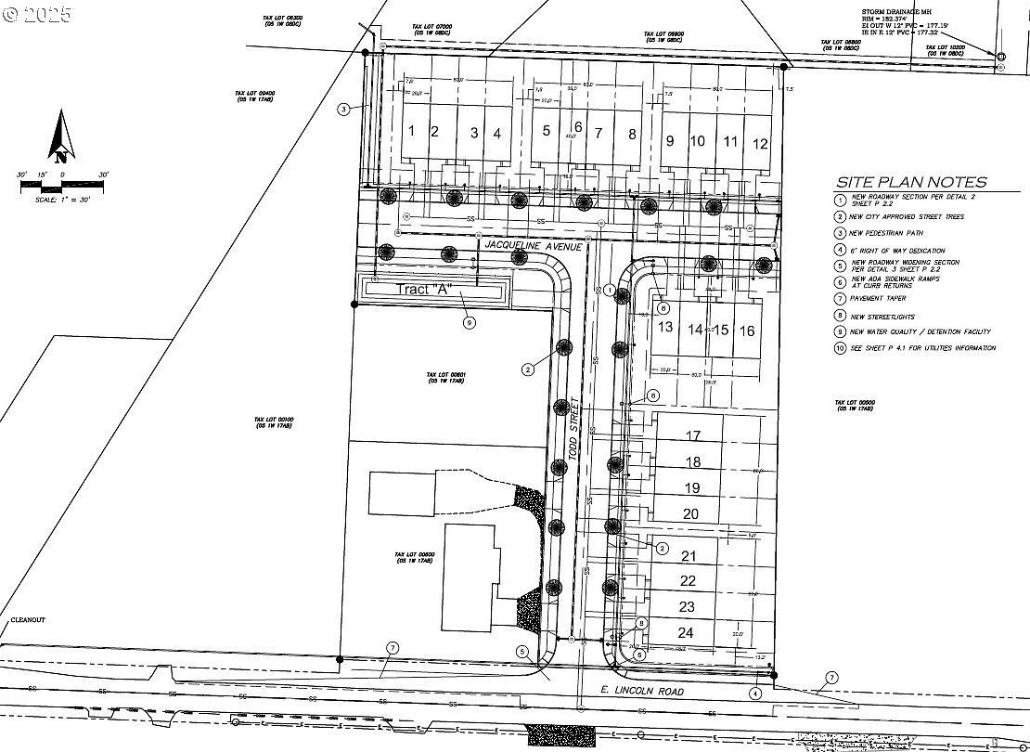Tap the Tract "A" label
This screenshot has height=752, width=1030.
click(x=422, y=290)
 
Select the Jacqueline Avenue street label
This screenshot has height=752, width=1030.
click(x=534, y=245)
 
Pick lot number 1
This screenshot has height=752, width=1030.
click(x=411, y=131)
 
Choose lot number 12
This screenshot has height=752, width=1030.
click(x=760, y=143)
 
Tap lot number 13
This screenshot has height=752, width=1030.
click(x=665, y=327)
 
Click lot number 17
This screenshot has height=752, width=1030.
click(x=692, y=435)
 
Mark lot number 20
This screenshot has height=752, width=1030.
click(x=690, y=513)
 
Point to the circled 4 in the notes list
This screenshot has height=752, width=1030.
click(x=840, y=251)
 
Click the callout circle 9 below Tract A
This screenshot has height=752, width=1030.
click(x=470, y=322)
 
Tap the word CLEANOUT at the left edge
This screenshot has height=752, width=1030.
click(x=28, y=619)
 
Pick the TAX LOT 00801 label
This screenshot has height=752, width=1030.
click(x=445, y=376)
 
